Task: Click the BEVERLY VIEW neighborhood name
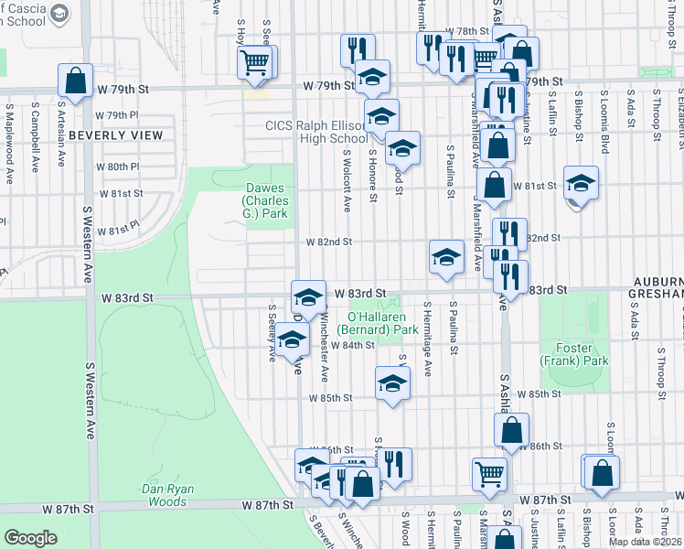115,135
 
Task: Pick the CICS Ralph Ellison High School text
315,132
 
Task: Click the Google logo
30,538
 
